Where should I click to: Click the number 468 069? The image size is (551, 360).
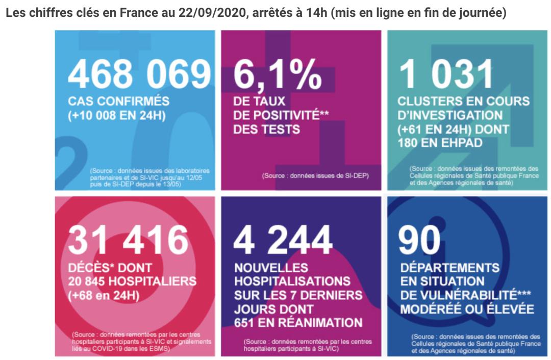coord(139,74)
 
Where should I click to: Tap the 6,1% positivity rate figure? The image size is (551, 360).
coord(278,74)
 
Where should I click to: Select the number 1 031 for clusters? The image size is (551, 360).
coord(447,74)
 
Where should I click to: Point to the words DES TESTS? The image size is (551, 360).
coord(266,130)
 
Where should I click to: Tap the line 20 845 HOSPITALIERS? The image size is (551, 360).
coord(132,281)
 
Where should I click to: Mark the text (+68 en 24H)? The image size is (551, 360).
coord(106,295)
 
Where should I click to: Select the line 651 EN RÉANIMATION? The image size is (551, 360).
coord(298,323)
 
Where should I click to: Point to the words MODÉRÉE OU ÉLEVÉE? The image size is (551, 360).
coord(467,309)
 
